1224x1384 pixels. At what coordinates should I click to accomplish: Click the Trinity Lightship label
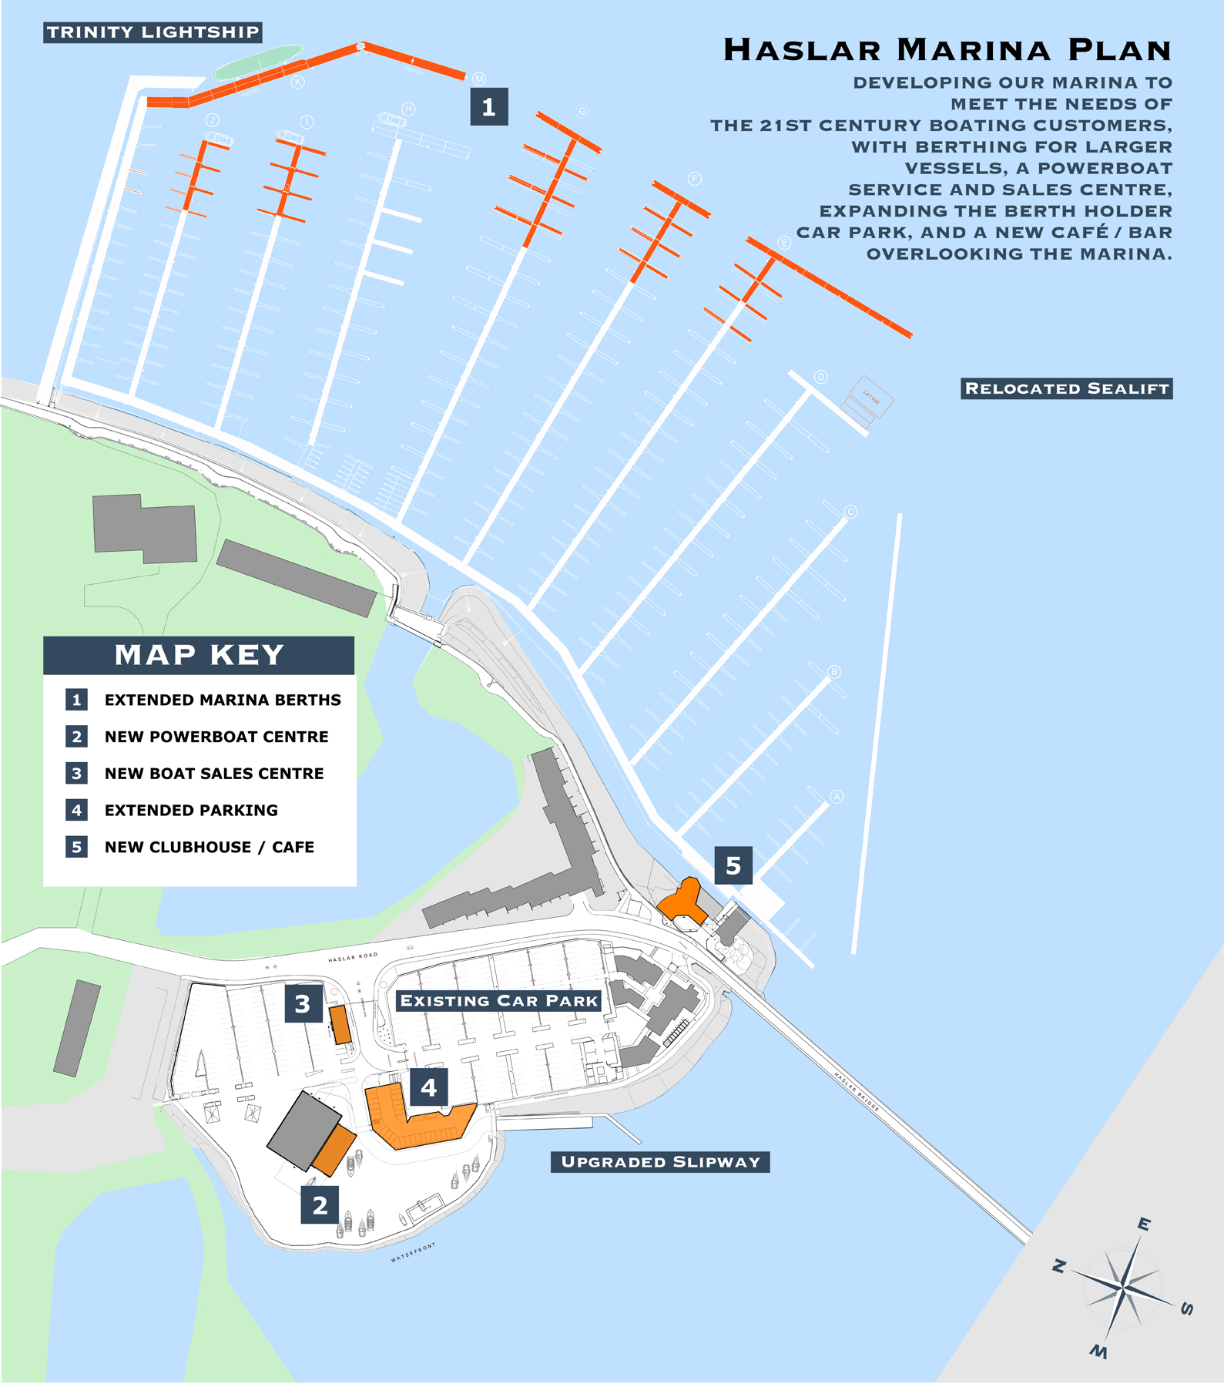click(x=153, y=32)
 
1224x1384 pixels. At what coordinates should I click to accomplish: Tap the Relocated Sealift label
click(x=1067, y=388)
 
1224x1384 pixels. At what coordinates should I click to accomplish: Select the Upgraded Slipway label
click(x=660, y=1162)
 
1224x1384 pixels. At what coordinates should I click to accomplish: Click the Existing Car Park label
click(x=498, y=1001)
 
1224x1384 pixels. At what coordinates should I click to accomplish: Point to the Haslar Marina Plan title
click(x=947, y=50)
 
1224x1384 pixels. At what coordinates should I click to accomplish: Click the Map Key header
click(x=199, y=655)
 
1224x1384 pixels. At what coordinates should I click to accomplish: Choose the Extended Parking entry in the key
click(x=191, y=810)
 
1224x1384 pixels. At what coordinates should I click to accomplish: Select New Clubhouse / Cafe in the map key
click(x=209, y=847)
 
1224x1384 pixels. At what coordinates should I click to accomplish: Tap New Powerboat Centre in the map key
click(x=216, y=737)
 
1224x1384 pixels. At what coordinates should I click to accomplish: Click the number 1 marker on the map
click(x=488, y=106)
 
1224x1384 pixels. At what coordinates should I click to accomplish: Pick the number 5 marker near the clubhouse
click(x=733, y=865)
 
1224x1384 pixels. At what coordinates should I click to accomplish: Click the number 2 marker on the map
click(x=320, y=1204)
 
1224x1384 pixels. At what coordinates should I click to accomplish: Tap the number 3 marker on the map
click(x=303, y=1003)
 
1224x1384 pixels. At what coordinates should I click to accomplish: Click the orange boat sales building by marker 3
click(x=340, y=1024)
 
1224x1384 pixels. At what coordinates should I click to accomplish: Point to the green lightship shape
click(x=257, y=62)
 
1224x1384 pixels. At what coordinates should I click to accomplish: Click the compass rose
click(x=1124, y=1287)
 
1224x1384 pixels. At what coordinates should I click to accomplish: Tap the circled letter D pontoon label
click(x=821, y=377)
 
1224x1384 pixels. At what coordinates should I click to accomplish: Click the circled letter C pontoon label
click(x=850, y=512)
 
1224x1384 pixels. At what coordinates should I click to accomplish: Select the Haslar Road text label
click(x=353, y=957)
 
